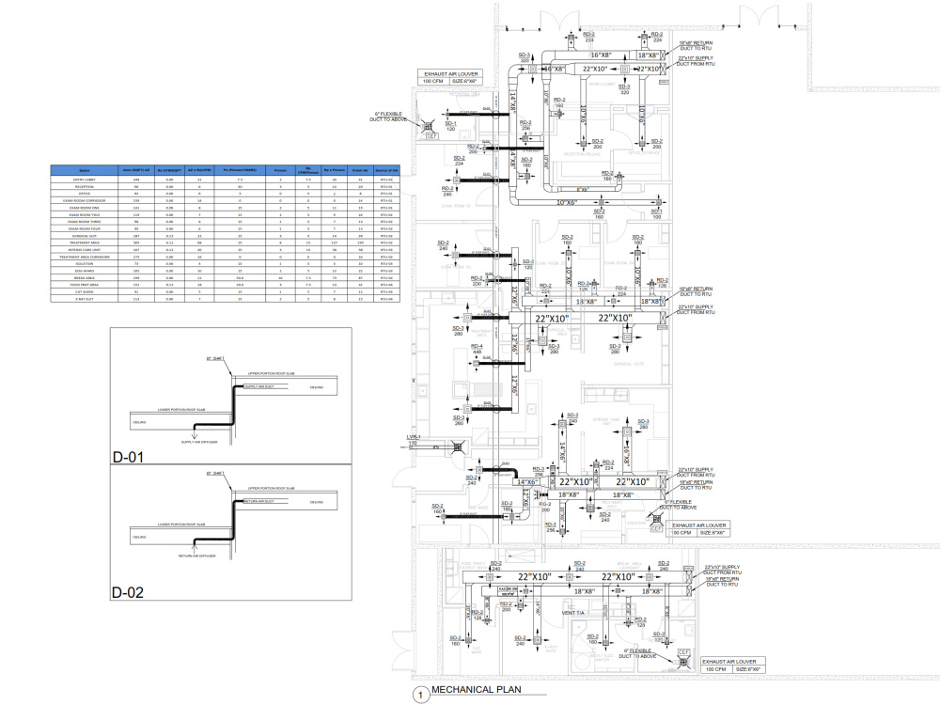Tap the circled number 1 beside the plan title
click(418, 695)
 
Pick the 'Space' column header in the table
click(85, 171)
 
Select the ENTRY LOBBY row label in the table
click(85, 180)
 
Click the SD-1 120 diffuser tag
click(450, 126)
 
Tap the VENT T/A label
click(574, 614)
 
